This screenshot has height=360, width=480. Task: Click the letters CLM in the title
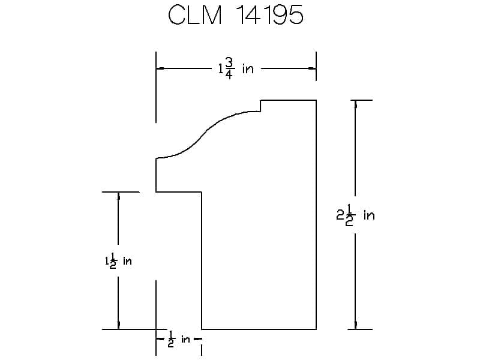click(194, 15)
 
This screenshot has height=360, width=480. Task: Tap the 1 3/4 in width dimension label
click(236, 68)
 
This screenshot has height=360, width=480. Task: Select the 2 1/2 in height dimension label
click(355, 215)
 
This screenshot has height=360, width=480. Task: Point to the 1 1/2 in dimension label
click(118, 261)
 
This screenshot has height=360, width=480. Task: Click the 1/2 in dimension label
click(179, 339)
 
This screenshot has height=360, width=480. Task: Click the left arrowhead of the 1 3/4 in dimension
click(160, 68)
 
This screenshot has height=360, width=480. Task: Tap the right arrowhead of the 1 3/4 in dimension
click(312, 68)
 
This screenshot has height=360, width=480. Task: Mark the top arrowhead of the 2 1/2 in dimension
click(355, 104)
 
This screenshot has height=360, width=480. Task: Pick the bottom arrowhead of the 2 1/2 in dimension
click(355, 325)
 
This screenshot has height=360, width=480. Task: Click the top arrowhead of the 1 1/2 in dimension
click(118, 196)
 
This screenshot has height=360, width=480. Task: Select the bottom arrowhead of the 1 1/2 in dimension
click(118, 325)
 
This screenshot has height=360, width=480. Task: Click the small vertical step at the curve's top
click(260, 106)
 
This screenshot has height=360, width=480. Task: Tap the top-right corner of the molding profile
click(316, 100)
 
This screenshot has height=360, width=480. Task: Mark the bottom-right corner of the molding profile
click(316, 329)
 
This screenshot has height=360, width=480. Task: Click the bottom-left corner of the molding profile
click(202, 329)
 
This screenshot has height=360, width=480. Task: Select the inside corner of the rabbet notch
click(202, 192)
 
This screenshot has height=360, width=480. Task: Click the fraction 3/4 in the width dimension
click(230, 68)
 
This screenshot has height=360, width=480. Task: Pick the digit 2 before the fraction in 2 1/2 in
click(340, 215)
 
